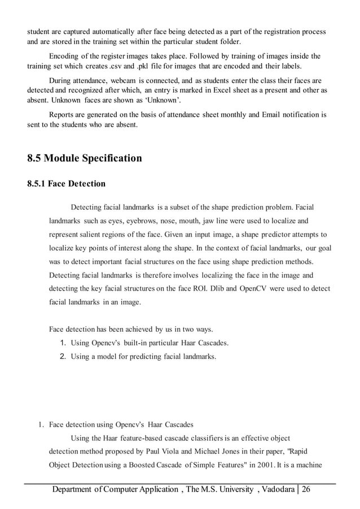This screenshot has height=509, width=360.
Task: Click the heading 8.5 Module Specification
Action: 85,158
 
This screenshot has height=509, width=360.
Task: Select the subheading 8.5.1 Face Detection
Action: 66,183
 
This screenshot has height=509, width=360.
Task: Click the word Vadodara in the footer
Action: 277,489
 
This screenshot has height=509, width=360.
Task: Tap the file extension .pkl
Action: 146,65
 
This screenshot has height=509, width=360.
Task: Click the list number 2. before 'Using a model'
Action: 63,357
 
